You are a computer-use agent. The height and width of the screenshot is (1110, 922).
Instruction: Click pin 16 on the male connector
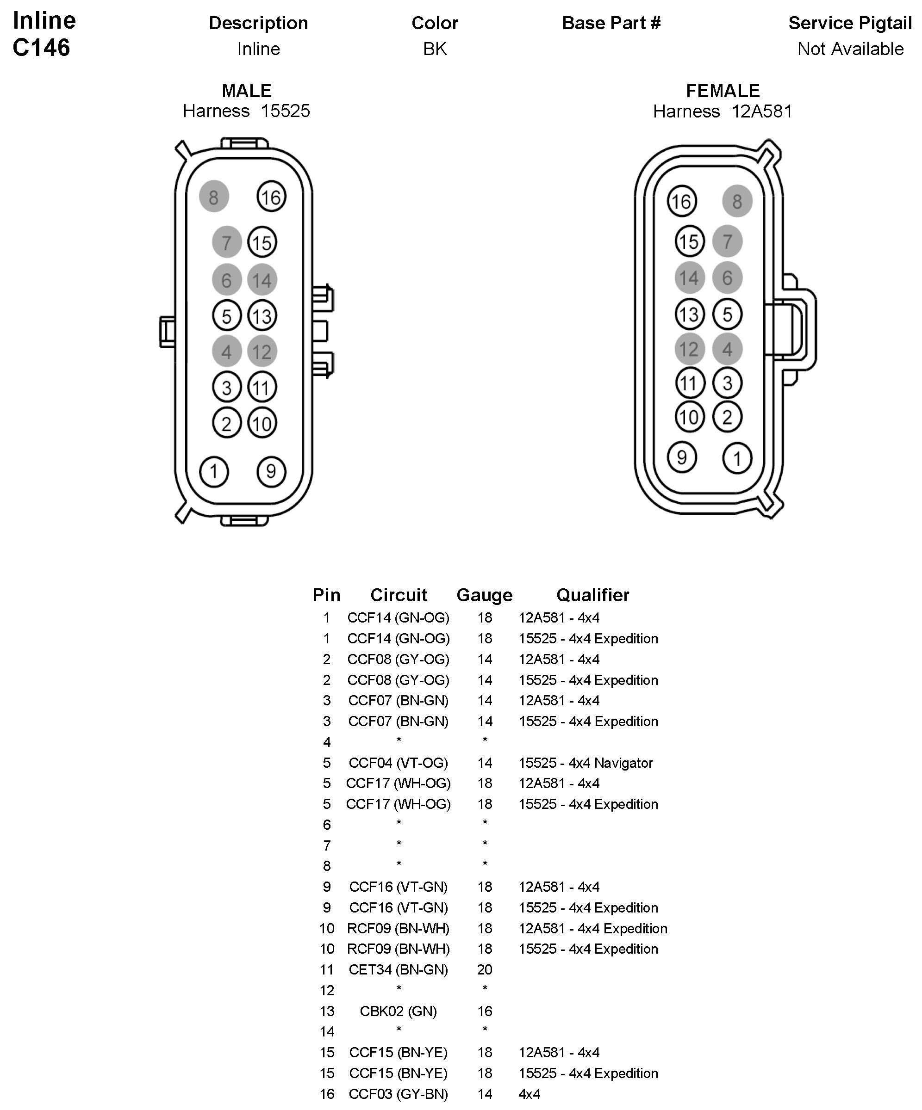tap(271, 197)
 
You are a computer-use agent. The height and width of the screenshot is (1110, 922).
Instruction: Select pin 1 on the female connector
tap(737, 458)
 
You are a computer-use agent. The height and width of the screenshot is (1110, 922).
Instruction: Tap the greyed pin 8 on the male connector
tap(214, 197)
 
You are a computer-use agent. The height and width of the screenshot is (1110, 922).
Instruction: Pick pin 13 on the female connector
tap(689, 314)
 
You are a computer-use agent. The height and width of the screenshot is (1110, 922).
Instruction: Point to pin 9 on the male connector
tap(271, 471)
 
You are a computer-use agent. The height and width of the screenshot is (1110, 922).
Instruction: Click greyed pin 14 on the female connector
tap(689, 278)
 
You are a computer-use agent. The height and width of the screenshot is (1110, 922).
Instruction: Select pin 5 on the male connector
tap(226, 316)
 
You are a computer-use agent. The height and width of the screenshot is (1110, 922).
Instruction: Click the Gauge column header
tap(484, 595)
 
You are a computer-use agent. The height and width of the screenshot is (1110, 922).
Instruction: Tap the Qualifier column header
tap(592, 595)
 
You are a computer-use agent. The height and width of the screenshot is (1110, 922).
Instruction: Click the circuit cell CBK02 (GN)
tap(399, 1011)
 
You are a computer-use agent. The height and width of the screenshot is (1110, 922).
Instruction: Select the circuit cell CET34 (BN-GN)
tap(399, 969)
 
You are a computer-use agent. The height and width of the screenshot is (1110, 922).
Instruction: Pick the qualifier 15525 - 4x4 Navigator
tap(586, 763)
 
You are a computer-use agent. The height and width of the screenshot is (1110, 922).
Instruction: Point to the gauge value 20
tap(485, 969)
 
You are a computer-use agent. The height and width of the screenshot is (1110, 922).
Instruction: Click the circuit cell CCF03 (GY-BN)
tap(399, 1094)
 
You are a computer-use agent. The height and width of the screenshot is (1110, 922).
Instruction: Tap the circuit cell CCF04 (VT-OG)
tap(399, 763)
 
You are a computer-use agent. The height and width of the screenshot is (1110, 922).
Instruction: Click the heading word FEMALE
tap(723, 91)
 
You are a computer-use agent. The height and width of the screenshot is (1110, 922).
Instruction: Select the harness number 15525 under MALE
tap(285, 111)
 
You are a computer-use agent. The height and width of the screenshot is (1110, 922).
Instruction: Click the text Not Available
tap(850, 49)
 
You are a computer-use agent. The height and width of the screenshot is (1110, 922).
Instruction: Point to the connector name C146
tap(41, 48)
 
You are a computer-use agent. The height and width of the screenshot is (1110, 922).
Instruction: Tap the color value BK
tap(435, 49)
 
